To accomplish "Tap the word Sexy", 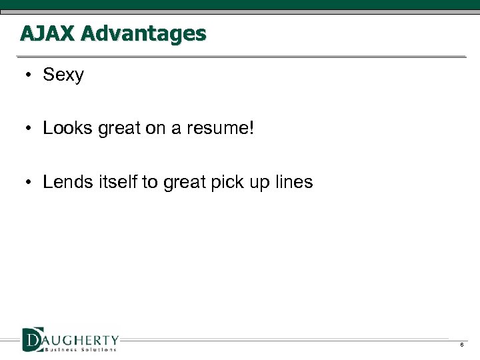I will click(x=63, y=75).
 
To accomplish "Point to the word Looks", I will click(x=68, y=128).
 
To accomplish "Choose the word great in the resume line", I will click(x=120, y=128).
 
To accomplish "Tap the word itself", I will click(x=118, y=182).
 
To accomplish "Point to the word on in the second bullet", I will click(x=155, y=128).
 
